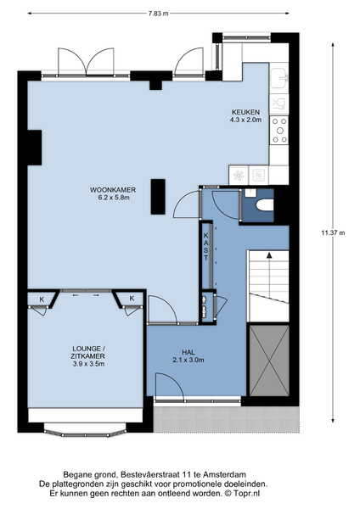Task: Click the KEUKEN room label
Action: (245, 112)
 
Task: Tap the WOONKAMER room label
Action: (113, 190)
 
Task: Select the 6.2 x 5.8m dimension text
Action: (114, 198)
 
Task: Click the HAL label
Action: (188, 352)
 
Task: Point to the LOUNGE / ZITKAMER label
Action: (88, 353)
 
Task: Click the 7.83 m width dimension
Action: (159, 14)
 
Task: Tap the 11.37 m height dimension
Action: (334, 232)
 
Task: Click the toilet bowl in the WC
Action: (264, 205)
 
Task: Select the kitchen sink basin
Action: (278, 78)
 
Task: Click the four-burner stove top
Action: (279, 131)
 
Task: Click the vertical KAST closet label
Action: (206, 246)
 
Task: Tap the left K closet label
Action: (42, 299)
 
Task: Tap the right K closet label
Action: (132, 298)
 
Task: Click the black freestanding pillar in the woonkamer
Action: (158, 197)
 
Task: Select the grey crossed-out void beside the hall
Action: (269, 361)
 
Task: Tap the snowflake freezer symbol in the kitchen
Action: (239, 176)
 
